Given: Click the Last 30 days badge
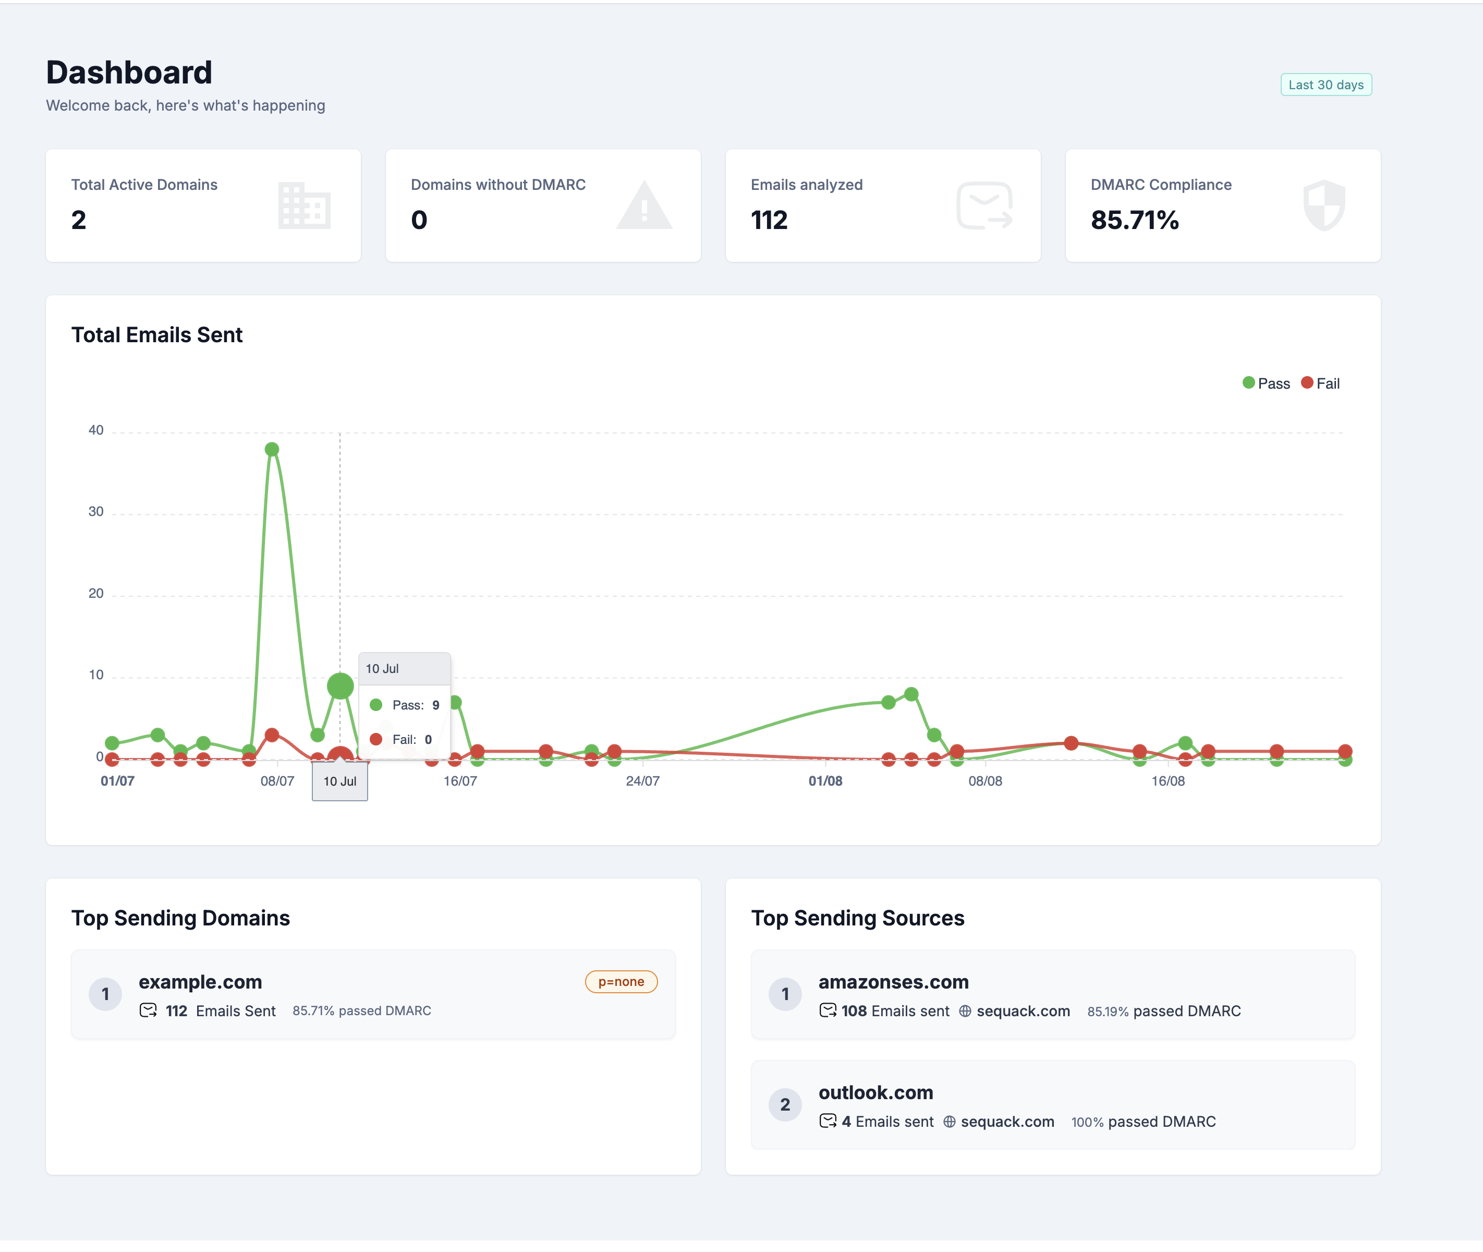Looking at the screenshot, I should pyautogui.click(x=1325, y=85).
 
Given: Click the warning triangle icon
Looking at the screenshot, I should pyautogui.click(x=643, y=206).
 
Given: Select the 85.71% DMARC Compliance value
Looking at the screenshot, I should pyautogui.click(x=1134, y=220).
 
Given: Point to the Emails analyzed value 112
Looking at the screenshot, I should pyautogui.click(x=769, y=220).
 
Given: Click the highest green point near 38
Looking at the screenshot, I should pyautogui.click(x=272, y=449).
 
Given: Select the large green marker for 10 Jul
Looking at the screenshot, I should pyautogui.click(x=340, y=685).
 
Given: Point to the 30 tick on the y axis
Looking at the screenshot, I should pyautogui.click(x=96, y=512).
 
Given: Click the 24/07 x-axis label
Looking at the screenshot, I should pyautogui.click(x=642, y=781).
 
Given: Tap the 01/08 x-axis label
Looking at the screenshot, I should pyautogui.click(x=825, y=781).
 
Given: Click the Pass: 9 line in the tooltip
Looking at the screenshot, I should pyautogui.click(x=405, y=705).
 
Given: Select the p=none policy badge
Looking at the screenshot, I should pyautogui.click(x=621, y=982).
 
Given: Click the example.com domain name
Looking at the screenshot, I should pyautogui.click(x=200, y=982).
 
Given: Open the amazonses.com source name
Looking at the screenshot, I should pyautogui.click(x=893, y=982).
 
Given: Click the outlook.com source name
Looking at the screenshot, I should pyautogui.click(x=875, y=1092).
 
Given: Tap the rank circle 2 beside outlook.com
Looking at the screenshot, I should pyautogui.click(x=785, y=1104).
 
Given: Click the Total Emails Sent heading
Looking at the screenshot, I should pyautogui.click(x=157, y=335).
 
